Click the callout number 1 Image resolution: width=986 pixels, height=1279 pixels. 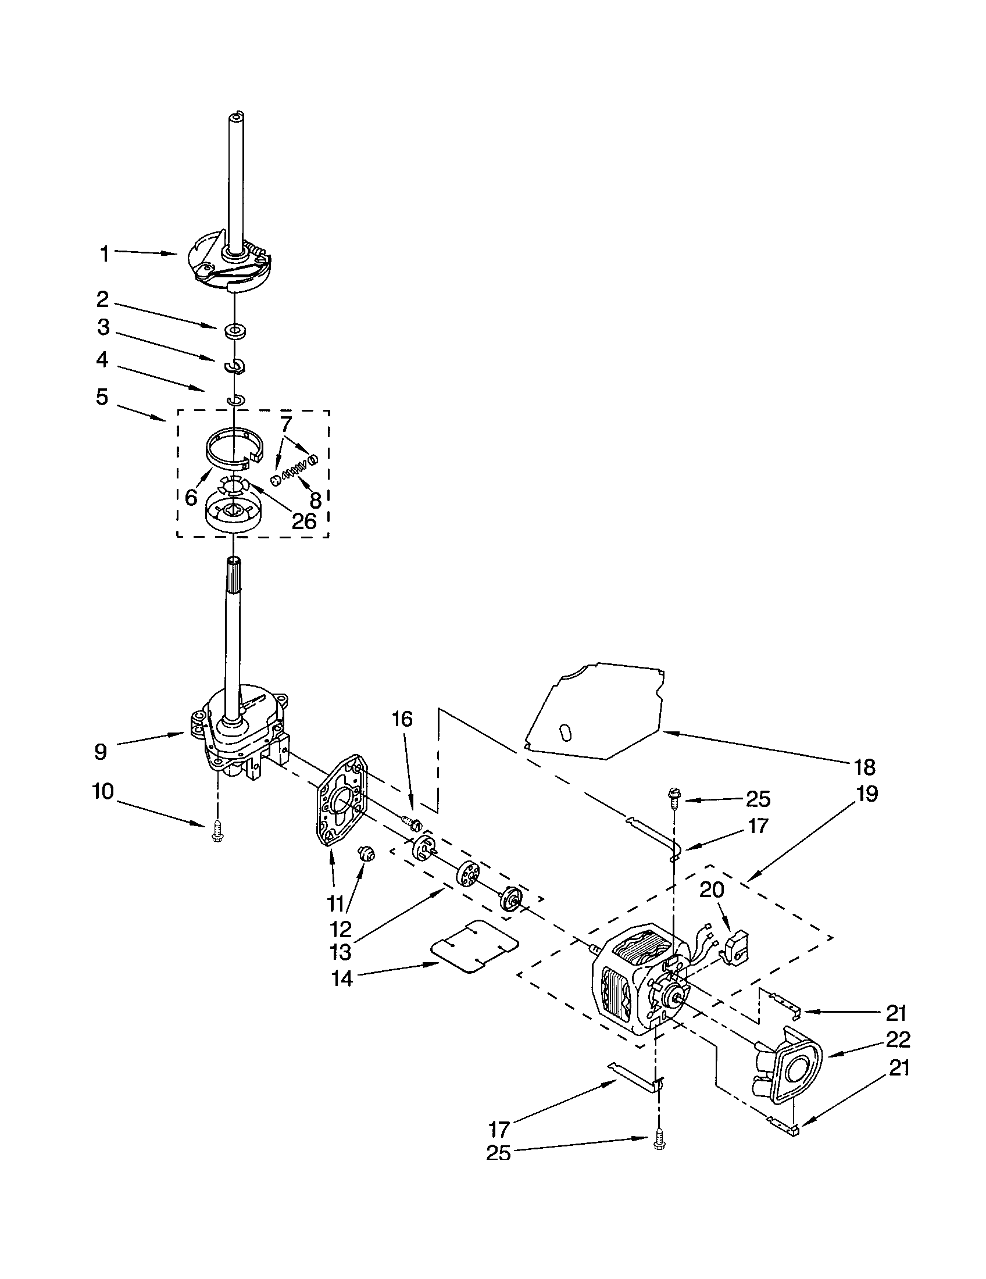click(x=104, y=254)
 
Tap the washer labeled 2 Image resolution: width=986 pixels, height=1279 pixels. click(x=235, y=330)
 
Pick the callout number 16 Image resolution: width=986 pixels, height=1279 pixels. click(x=402, y=719)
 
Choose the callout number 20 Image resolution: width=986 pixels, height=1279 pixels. click(x=712, y=889)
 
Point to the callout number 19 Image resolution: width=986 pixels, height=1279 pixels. click(x=867, y=794)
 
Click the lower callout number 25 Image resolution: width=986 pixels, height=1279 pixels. click(x=498, y=1153)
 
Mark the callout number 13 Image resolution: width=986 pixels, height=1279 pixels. click(x=341, y=952)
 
